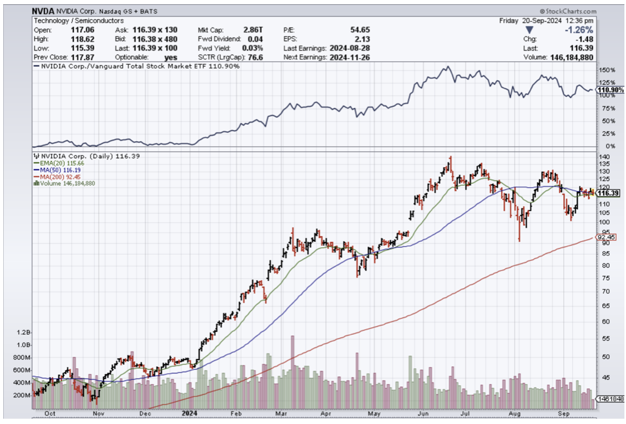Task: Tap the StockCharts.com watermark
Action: (x=568, y=11)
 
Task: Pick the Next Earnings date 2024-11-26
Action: (x=350, y=57)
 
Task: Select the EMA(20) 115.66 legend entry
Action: (x=59, y=163)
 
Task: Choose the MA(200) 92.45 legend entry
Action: (x=59, y=176)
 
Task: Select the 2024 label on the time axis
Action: (x=189, y=412)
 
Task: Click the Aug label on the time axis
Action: (x=515, y=412)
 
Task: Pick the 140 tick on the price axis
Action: (x=604, y=157)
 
